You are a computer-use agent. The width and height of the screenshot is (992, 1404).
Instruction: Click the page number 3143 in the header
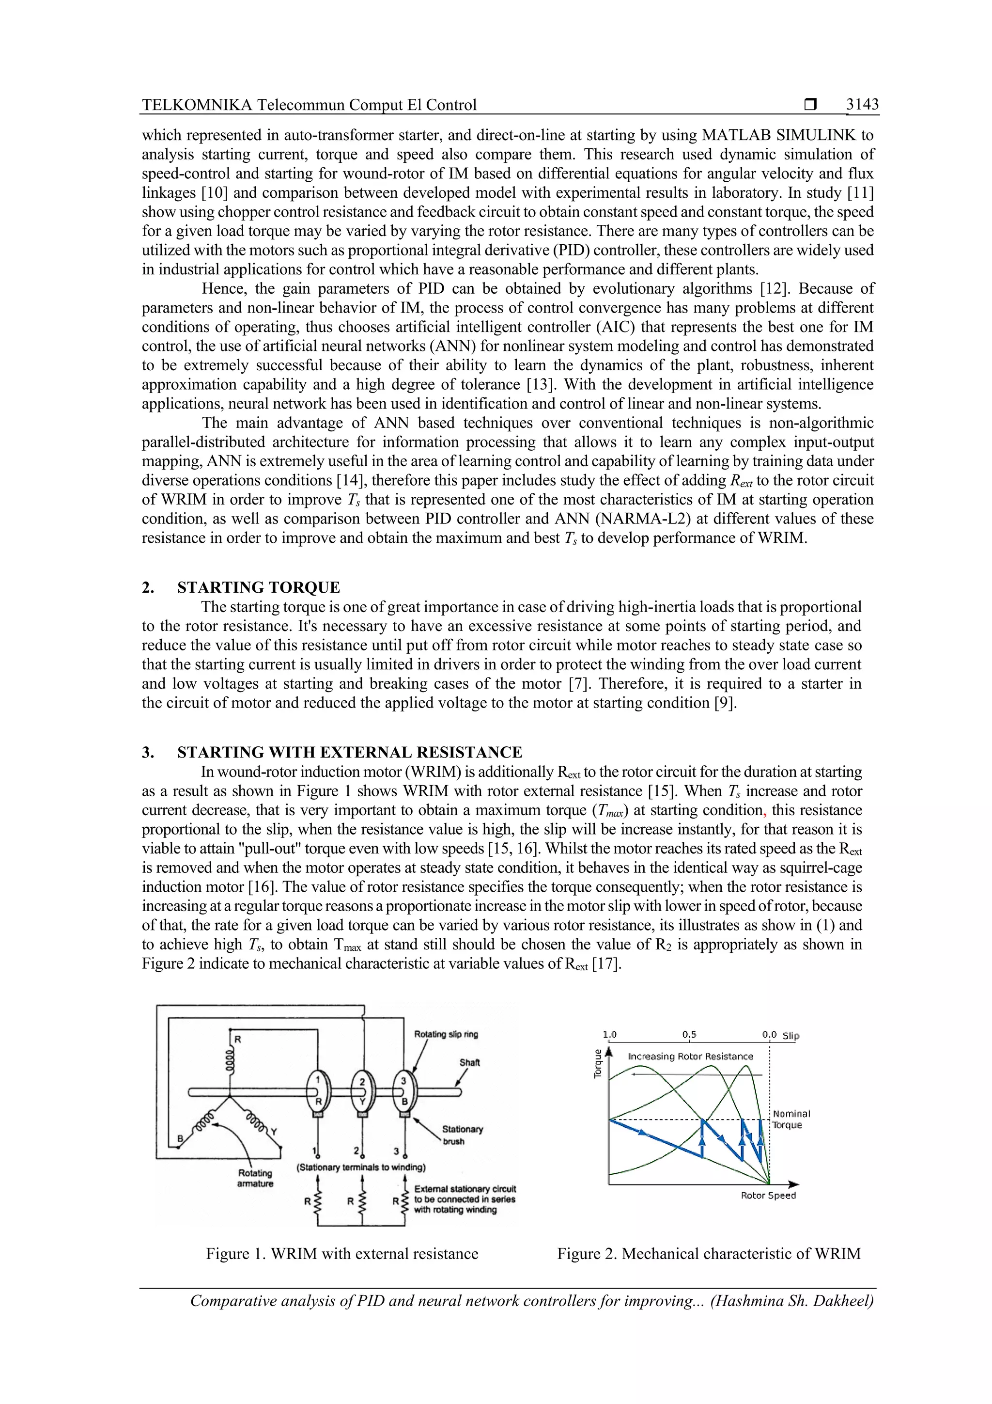pyautogui.click(x=862, y=105)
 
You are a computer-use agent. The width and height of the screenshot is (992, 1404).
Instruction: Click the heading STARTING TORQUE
pyautogui.click(x=259, y=588)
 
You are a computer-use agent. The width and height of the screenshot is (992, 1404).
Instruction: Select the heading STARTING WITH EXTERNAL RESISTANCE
pyautogui.click(x=350, y=752)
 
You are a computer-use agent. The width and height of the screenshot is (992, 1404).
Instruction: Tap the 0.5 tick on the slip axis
pyautogui.click(x=689, y=1035)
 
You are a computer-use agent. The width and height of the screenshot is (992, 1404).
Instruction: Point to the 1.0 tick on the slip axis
pyautogui.click(x=609, y=1035)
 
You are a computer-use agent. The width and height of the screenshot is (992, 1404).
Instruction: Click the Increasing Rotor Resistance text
pyautogui.click(x=691, y=1057)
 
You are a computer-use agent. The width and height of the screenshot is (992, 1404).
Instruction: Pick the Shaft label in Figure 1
pyautogui.click(x=469, y=1063)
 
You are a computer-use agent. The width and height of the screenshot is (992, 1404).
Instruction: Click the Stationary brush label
pyautogui.click(x=462, y=1135)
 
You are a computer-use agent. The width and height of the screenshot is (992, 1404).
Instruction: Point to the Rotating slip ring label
pyautogui.click(x=446, y=1035)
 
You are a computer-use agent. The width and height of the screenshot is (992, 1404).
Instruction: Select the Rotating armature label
pyautogui.click(x=255, y=1178)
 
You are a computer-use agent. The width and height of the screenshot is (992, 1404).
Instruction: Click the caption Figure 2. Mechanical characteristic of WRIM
pyautogui.click(x=708, y=1254)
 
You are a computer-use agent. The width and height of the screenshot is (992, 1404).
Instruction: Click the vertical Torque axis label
pyautogui.click(x=598, y=1064)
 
